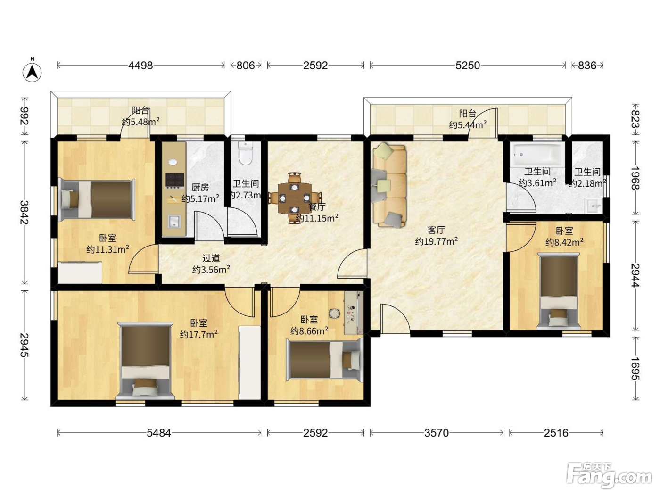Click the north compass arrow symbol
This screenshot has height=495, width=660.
point(32,72)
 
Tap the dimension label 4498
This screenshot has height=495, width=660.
point(140,65)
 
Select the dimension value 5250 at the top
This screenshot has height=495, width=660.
point(467,65)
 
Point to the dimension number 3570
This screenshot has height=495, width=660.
point(436,433)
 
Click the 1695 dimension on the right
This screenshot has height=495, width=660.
point(635,369)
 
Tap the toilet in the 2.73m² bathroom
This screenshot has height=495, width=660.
point(246,153)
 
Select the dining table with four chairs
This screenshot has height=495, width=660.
point(294,198)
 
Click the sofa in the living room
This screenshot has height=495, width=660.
point(389,185)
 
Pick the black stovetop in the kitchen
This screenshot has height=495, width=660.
point(175,180)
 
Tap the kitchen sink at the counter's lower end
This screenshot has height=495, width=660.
point(174,222)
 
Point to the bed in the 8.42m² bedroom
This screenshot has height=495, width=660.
point(559,291)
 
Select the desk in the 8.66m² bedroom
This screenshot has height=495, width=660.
point(354,313)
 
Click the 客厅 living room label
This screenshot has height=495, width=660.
point(436,230)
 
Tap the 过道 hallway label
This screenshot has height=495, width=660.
point(211,258)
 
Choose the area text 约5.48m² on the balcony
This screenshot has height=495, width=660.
point(140,122)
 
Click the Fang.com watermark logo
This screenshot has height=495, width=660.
point(609,475)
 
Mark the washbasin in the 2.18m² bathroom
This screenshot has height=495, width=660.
point(594,206)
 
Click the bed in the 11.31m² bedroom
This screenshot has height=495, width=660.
point(96,199)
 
